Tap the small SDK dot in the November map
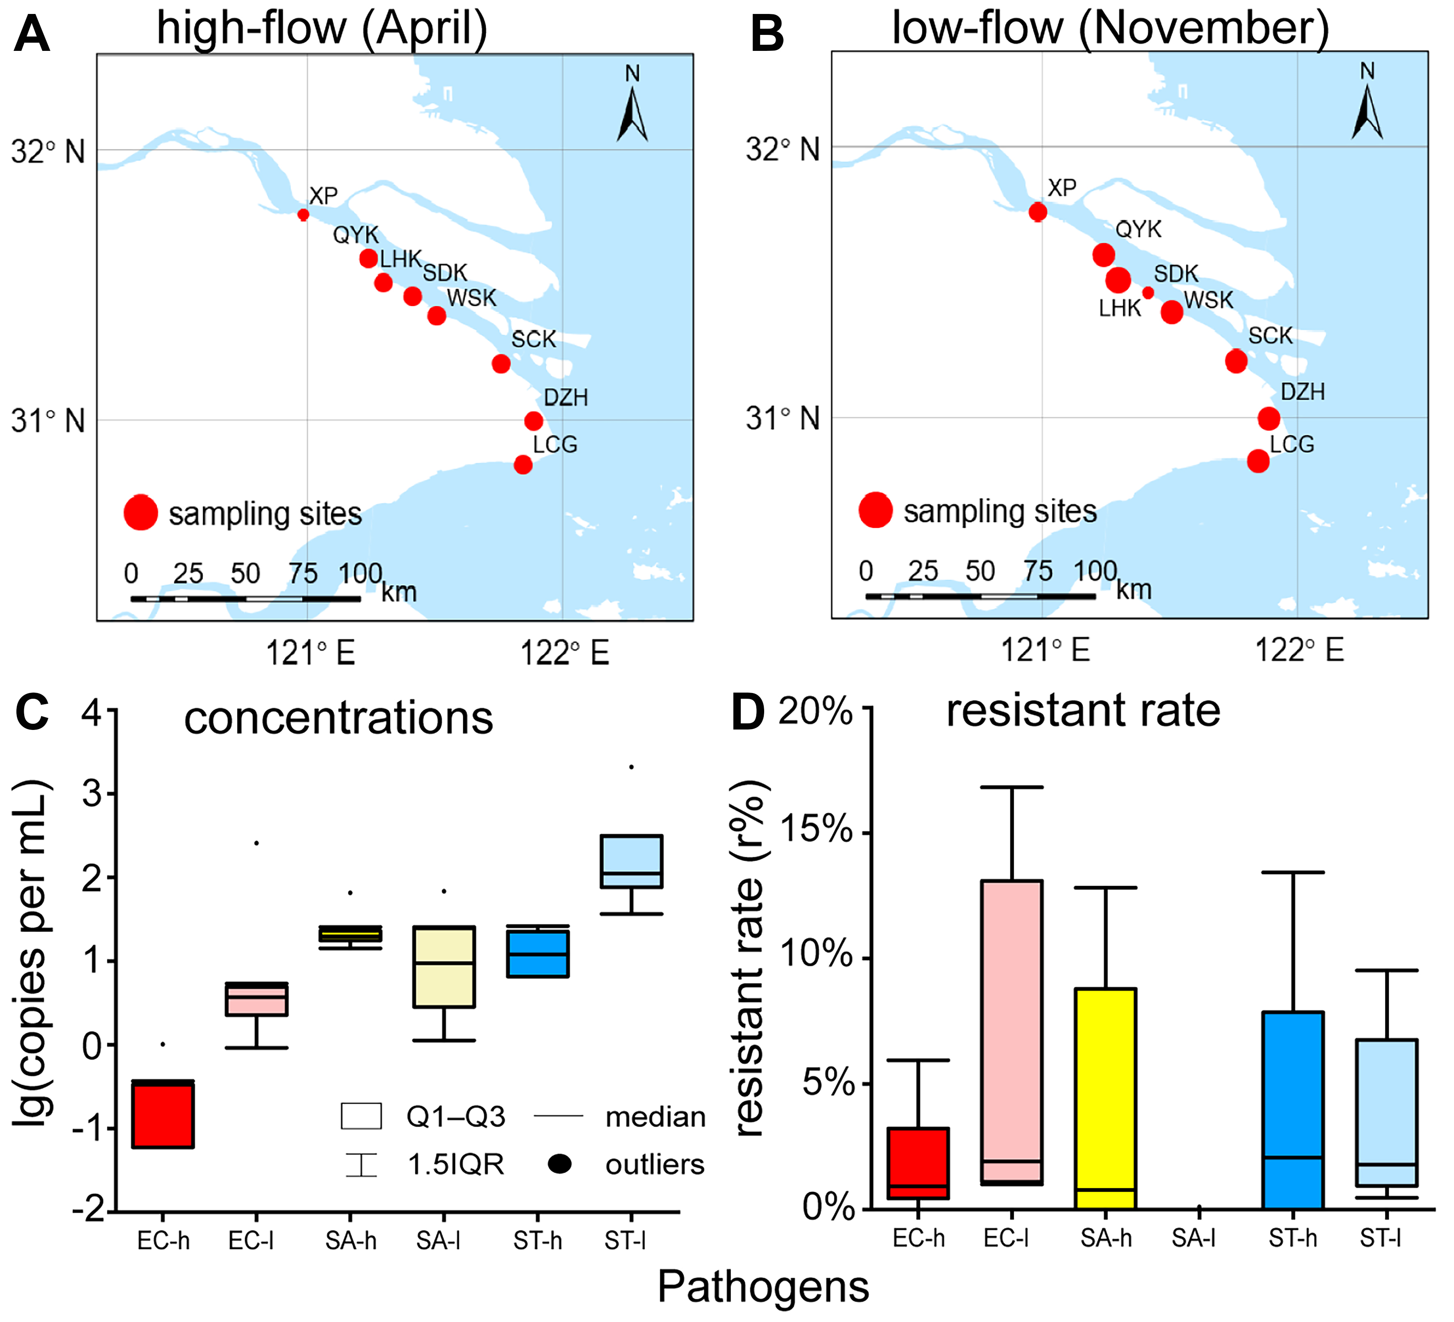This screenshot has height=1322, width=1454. point(1147,293)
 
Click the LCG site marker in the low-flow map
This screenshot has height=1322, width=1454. point(1258,461)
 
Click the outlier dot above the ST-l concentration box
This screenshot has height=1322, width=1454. point(632,767)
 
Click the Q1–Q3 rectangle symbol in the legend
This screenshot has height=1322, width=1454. point(361,1116)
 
